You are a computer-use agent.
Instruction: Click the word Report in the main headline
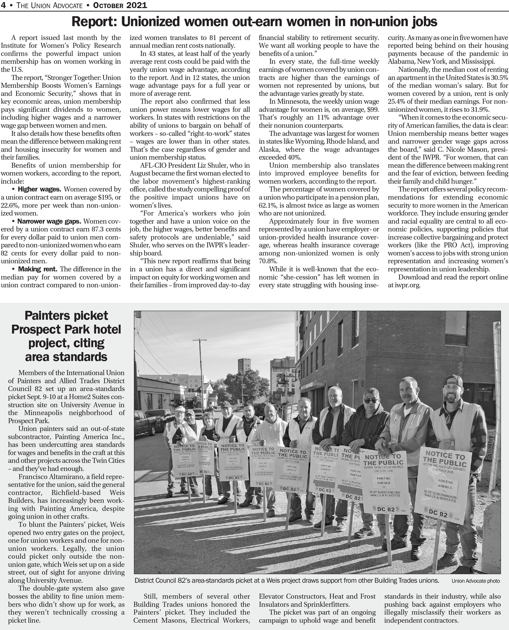pos(93,22)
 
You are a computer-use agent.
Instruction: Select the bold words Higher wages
pos(40,189)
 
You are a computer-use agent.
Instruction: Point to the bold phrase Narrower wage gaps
pos(49,221)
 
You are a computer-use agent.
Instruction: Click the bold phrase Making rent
pos(38,269)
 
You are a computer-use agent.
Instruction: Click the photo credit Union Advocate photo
pos(476,581)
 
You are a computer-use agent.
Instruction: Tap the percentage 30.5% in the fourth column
pos(499,78)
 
